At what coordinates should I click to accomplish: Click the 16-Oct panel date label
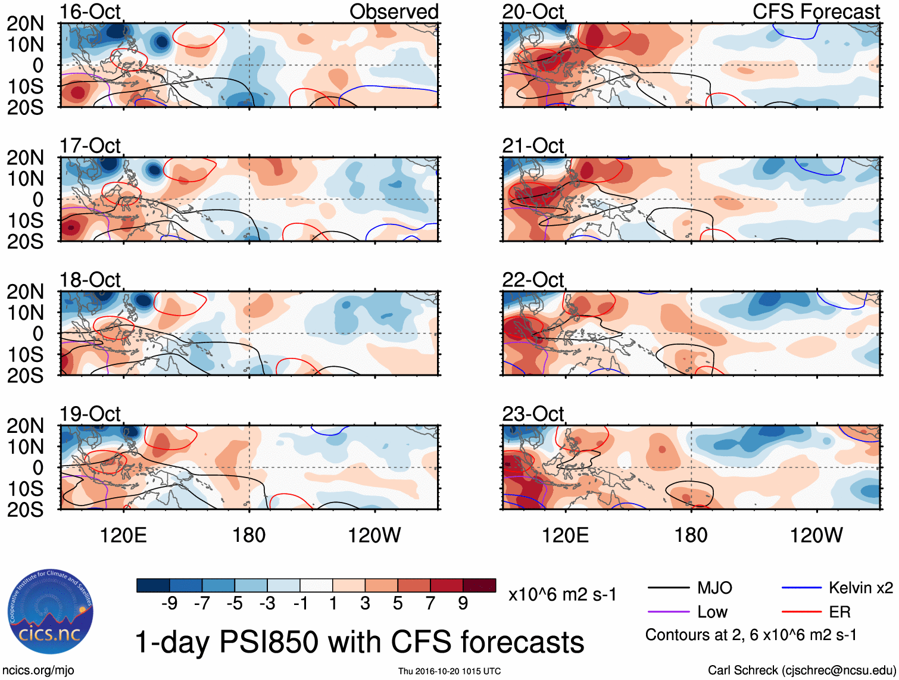coord(90,12)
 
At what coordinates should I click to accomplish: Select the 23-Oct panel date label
coord(533,414)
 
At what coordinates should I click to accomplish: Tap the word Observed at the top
coord(394,12)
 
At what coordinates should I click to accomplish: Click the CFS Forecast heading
coord(816,12)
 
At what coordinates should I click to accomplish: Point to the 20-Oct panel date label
coord(533,12)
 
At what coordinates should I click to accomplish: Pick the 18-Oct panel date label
coord(90,280)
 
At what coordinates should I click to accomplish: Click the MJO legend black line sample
coord(668,588)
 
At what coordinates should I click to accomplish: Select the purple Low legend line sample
coord(668,612)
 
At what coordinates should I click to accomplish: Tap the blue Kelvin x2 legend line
coord(801,588)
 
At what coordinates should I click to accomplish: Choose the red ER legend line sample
coord(801,612)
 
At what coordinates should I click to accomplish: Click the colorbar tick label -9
coord(170,604)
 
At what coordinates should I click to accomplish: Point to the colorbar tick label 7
coord(430,604)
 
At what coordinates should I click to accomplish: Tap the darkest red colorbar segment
coord(479,585)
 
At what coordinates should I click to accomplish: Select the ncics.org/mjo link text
coord(38,670)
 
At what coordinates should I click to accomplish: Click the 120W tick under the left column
coord(374,535)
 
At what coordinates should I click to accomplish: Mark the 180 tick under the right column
coord(691,535)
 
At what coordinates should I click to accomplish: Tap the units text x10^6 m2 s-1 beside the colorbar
coord(562,594)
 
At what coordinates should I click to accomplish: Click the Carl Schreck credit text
coord(801,670)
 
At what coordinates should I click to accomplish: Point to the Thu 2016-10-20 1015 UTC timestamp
coord(449,671)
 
